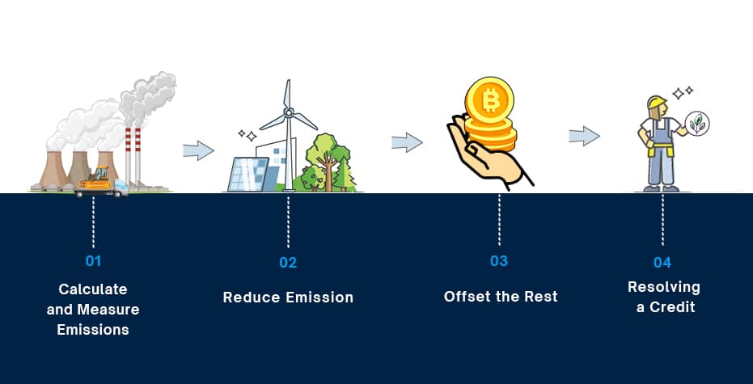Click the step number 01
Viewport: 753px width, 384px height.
93,261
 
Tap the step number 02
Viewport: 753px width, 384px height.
288,263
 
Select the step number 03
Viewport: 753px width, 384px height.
499,260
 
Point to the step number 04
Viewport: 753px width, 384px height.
662,263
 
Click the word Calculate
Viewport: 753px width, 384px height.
93,289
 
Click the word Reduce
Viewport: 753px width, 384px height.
252,297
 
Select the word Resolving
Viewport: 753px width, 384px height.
664,288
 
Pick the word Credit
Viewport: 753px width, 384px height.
672,307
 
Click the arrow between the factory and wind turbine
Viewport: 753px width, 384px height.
198,150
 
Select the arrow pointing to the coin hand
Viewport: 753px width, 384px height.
408,142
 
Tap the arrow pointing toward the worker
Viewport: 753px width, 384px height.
585,136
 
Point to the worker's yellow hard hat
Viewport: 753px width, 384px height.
657,102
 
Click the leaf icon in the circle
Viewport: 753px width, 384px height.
697,124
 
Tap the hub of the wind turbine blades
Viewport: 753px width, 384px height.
288,113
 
